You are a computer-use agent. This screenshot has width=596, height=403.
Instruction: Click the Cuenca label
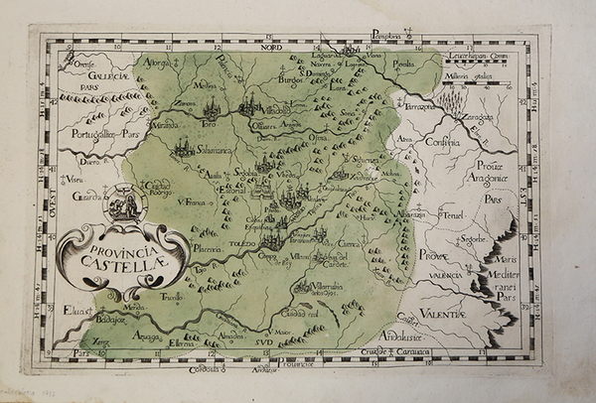pyautogui.click(x=349, y=241)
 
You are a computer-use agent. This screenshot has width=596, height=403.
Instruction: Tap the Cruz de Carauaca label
pyautogui.click(x=417, y=351)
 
